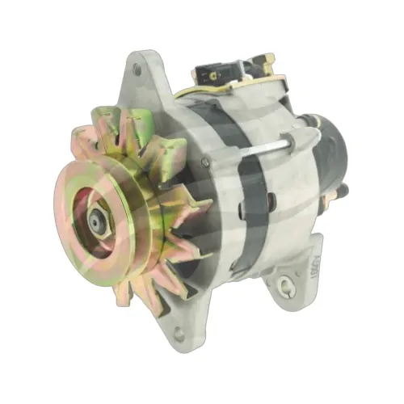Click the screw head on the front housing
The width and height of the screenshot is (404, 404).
[x=204, y=162]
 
